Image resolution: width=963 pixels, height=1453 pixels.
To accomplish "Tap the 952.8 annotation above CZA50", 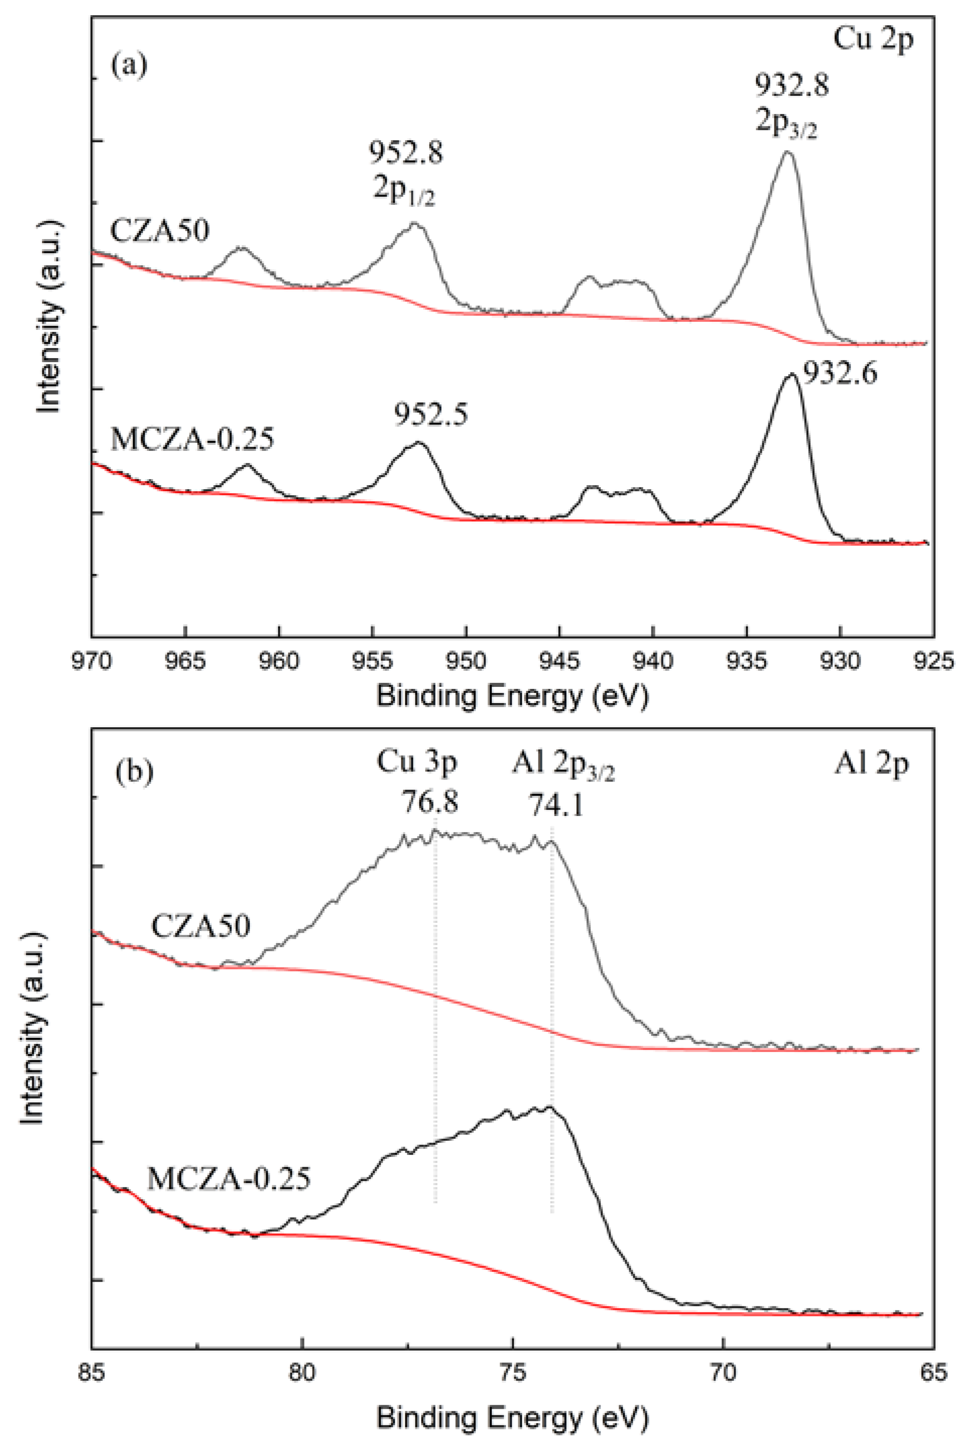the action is coord(405,152).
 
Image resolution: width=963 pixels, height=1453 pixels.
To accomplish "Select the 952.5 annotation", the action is coord(431,415).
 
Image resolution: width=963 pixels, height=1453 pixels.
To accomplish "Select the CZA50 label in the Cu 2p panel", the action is coord(160,231).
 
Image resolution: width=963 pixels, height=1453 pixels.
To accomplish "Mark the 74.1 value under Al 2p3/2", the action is coord(557,803).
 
